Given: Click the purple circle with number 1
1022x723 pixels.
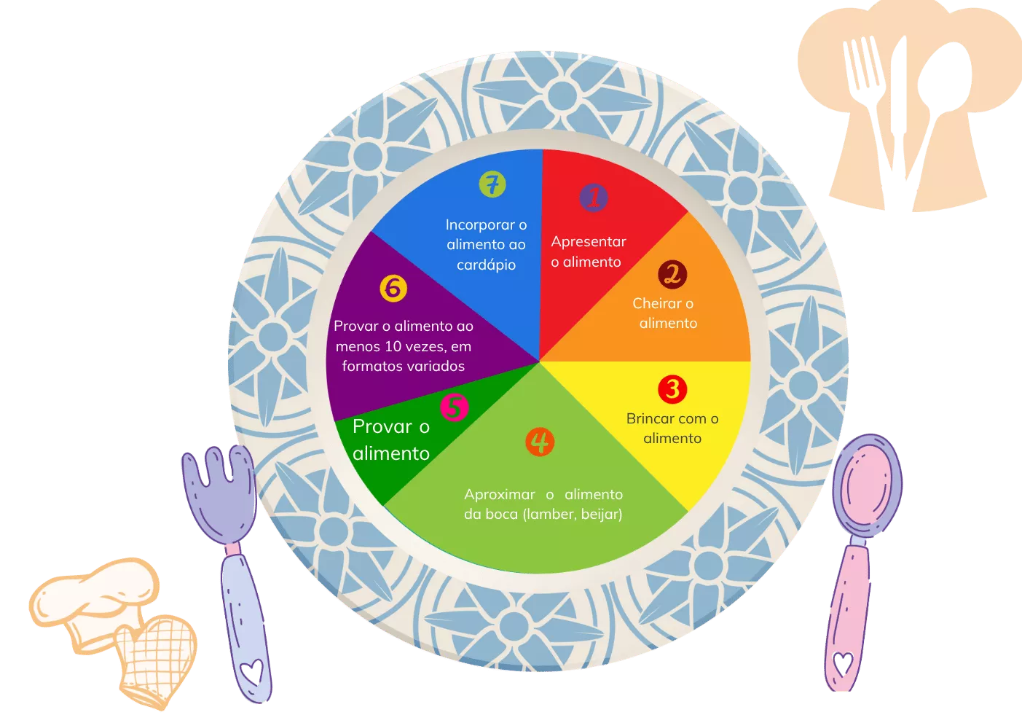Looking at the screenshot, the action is (x=594, y=198).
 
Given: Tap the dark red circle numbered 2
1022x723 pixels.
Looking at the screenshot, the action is (x=672, y=274).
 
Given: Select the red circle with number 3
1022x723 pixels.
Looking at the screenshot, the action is (x=672, y=389).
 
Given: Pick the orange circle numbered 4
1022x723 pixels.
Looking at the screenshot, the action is (x=540, y=442).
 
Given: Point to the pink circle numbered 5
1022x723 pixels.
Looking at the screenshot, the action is (x=455, y=407).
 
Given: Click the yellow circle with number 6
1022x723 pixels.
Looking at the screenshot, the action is (x=393, y=288).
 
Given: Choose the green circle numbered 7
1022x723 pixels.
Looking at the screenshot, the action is (x=492, y=184).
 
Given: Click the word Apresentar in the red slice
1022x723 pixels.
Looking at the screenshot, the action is (x=589, y=241).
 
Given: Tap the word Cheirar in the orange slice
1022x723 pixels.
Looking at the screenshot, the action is (x=657, y=303).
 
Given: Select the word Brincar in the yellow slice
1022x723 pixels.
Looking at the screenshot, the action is (x=650, y=418).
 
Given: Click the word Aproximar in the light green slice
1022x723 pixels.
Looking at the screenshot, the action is (x=500, y=495).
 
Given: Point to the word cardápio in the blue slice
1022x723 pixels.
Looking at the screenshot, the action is (x=487, y=265).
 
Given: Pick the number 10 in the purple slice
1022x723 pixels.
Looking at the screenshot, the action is (x=393, y=346).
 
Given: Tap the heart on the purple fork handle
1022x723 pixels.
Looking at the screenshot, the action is (x=252, y=671).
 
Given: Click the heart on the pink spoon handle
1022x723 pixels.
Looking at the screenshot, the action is (x=843, y=663).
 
